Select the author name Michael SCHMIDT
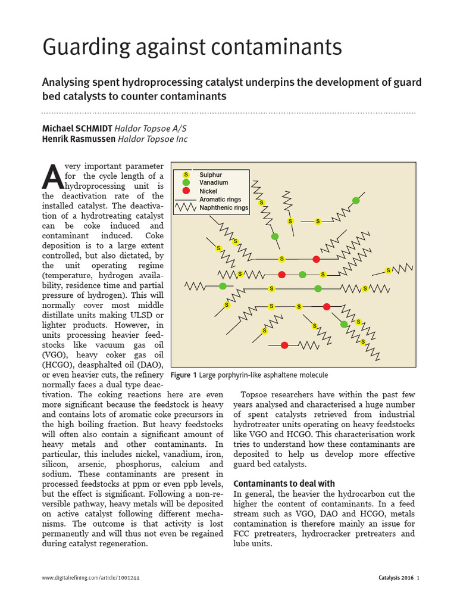tap(77, 129)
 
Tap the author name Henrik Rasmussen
tap(79, 139)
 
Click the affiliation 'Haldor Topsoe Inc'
tap(152, 139)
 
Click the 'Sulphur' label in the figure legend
tap(211, 175)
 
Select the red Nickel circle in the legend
tap(186, 191)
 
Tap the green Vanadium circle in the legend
tap(186, 182)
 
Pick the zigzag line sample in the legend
tap(185, 208)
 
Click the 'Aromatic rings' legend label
tap(220, 200)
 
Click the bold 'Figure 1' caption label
tap(183, 375)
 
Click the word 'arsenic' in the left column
tap(83, 464)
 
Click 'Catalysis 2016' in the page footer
tap(395, 578)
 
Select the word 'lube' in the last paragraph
tap(243, 544)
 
